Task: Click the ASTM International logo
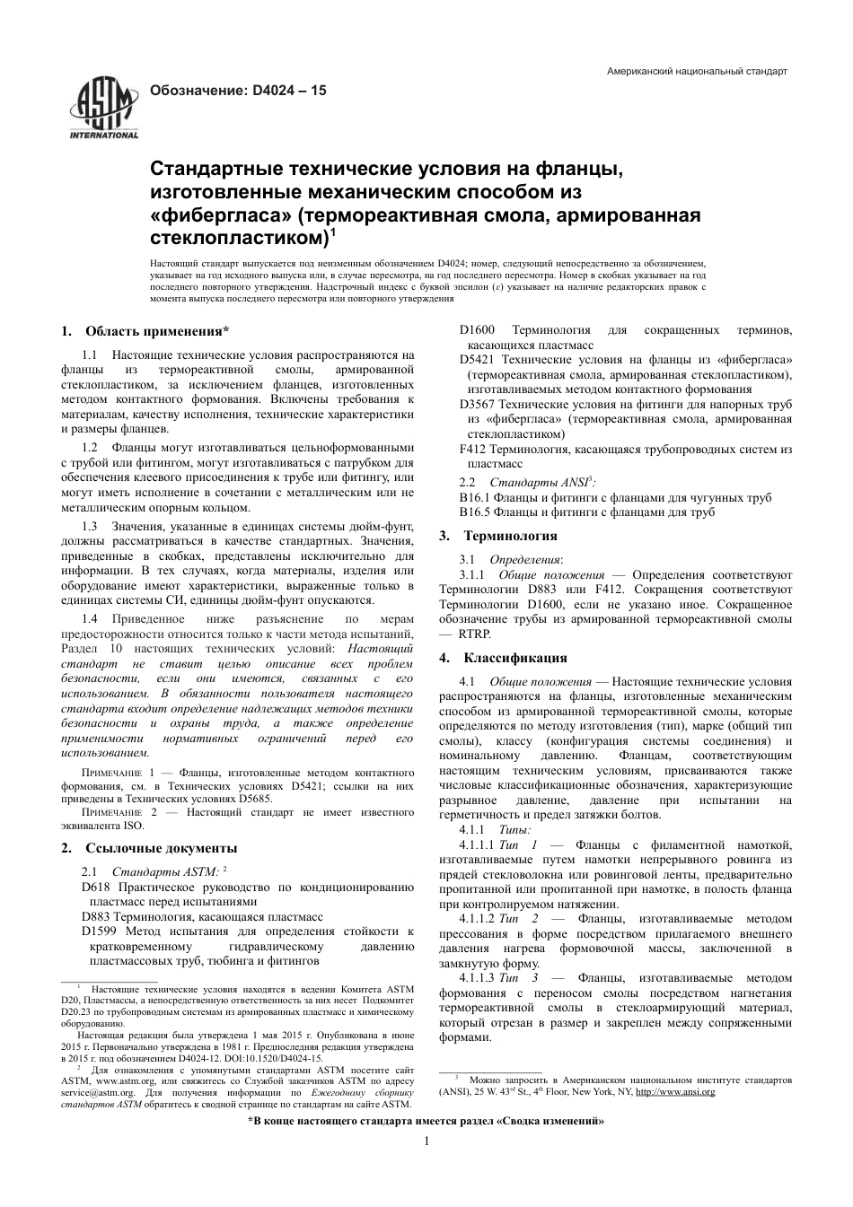104,109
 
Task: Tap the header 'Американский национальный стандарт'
697,71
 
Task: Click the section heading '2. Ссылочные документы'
149,848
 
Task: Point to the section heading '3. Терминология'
498,536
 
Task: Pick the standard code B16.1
473,497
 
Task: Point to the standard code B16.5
473,512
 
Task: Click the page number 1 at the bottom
426,1141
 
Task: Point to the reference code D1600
477,330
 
